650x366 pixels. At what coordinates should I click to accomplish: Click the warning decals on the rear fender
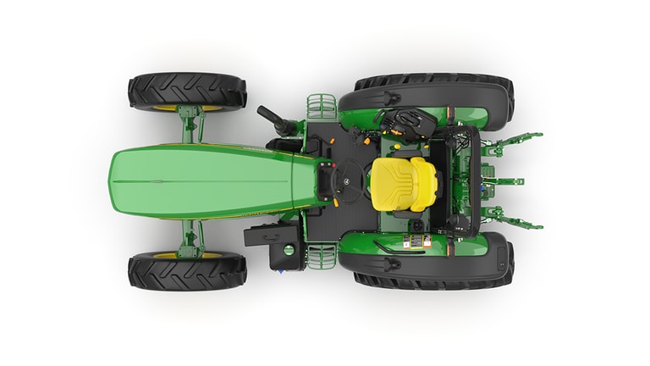[x=414, y=243]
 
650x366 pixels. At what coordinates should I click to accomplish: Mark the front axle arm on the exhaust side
[x=190, y=126]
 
